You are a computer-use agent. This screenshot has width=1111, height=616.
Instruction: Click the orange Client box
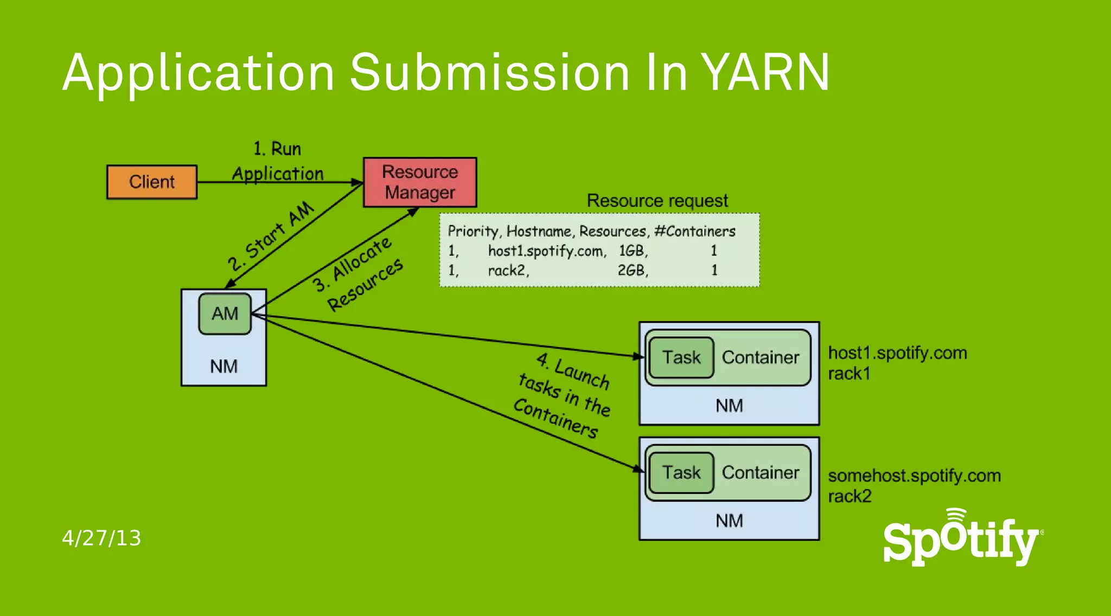coord(152,182)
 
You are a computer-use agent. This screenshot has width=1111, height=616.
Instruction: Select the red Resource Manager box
coord(420,182)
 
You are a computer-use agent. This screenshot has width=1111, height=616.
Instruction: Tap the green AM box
coord(225,313)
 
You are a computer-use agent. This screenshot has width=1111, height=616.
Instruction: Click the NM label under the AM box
coord(224,367)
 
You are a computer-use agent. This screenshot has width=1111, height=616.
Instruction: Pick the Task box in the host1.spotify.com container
coord(681,357)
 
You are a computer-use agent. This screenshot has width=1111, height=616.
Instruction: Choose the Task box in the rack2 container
coord(681,472)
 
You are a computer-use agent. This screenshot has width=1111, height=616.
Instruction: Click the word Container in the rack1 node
coord(761,357)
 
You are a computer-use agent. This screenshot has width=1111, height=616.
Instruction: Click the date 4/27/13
coord(101,538)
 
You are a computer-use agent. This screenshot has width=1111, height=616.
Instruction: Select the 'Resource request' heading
coord(657,201)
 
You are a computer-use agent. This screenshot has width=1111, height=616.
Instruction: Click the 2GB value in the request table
coord(633,270)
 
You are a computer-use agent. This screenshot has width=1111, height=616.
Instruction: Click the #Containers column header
coord(695,232)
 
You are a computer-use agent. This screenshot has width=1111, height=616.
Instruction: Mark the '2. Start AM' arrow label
coord(271,236)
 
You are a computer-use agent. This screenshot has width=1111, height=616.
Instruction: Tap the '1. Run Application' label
coord(277,161)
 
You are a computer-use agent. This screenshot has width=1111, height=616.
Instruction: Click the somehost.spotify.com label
coord(914,476)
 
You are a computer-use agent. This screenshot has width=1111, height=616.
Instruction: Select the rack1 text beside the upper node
coord(849,374)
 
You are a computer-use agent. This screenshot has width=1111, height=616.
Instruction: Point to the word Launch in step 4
coord(582,374)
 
